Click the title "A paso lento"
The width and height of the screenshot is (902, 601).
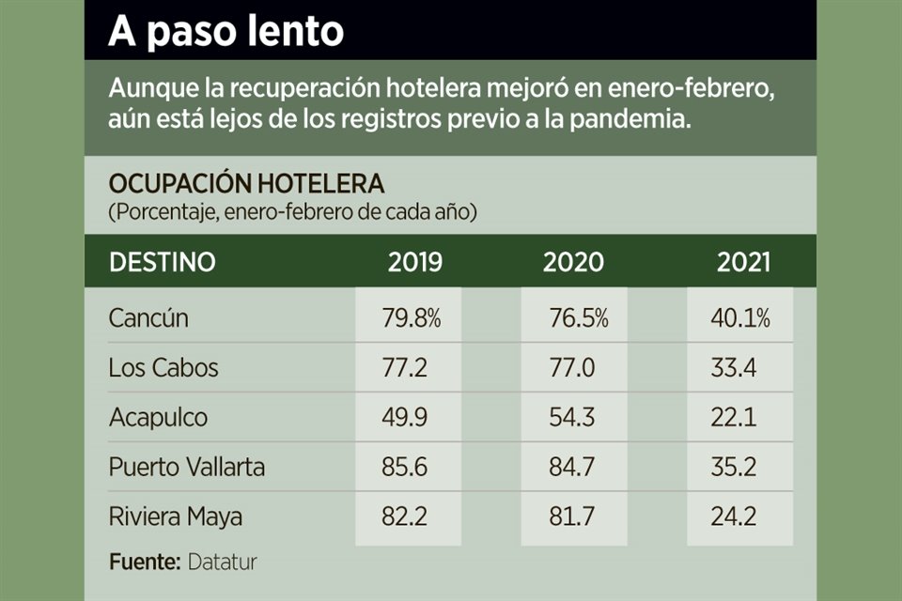[225, 31]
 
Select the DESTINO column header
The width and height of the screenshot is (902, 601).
[162, 262]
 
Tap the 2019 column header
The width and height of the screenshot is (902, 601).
[414, 262]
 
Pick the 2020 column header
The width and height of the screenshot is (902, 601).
[573, 262]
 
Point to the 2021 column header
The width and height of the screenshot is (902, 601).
[743, 262]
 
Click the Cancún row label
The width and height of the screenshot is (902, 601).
[148, 318]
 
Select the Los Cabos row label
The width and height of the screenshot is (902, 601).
[163, 367]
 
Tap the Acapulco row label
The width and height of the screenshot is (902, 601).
[157, 417]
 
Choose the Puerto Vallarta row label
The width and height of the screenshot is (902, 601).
[187, 467]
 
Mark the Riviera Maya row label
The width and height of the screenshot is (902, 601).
[176, 516]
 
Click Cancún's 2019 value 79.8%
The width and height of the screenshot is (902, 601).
[412, 318]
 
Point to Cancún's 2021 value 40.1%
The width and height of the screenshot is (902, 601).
[741, 318]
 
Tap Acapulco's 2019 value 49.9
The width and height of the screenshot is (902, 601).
[406, 417]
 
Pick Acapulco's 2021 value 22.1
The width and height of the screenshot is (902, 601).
[735, 417]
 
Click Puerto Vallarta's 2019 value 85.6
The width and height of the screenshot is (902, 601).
[406, 467]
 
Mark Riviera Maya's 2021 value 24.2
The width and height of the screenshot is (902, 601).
[735, 516]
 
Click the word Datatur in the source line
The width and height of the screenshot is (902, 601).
[222, 562]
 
